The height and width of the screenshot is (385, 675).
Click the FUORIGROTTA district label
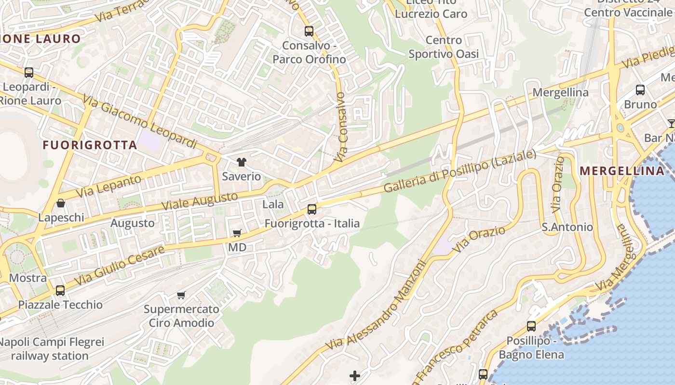[90, 145]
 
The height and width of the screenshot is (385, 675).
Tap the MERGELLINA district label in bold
[621, 171]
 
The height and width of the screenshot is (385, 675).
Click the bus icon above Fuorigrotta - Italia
[312, 209]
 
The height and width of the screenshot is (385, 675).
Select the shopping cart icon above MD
[237, 233]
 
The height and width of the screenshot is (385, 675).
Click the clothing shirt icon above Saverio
[241, 162]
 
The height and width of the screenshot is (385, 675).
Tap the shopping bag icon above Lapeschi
[61, 203]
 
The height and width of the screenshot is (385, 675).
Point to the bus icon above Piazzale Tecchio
[60, 291]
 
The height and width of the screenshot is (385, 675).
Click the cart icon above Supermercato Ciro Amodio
[181, 295]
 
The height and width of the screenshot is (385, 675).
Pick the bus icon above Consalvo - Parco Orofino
[309, 32]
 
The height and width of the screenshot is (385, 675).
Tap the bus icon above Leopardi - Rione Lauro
[29, 73]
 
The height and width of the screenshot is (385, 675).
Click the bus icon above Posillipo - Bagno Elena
[531, 326]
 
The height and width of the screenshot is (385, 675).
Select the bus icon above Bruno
[640, 90]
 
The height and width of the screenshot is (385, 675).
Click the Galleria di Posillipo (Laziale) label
[460, 171]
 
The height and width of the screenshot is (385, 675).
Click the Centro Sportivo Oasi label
[444, 47]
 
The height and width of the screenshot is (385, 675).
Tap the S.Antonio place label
[567, 227]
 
